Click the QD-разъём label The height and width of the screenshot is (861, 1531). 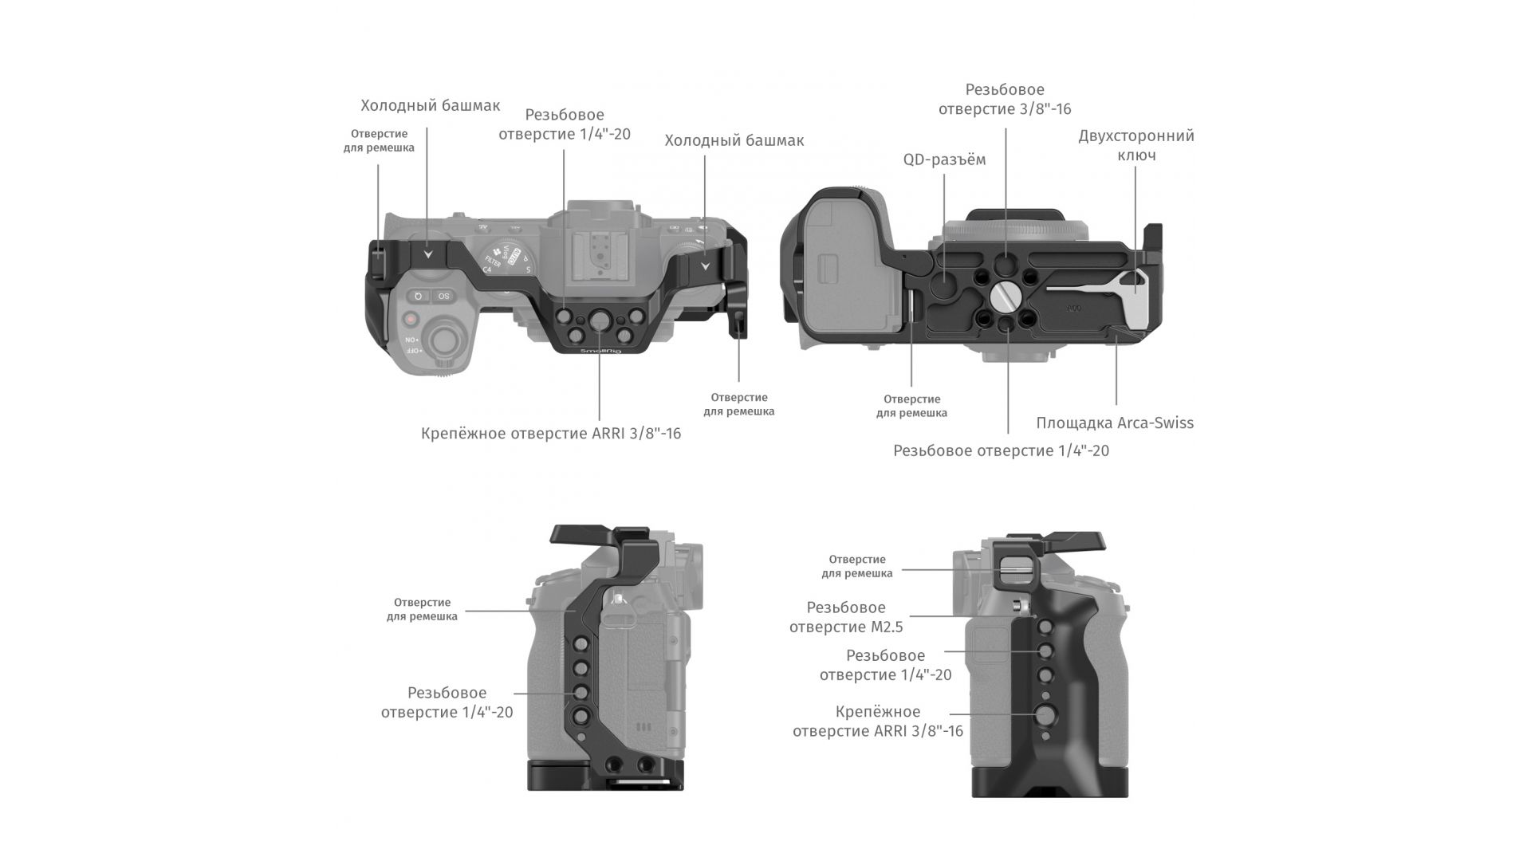click(944, 159)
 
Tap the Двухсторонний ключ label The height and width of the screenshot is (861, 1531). click(1136, 145)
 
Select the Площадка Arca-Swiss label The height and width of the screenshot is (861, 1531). click(1115, 423)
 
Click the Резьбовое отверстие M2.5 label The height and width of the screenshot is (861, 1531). click(846, 617)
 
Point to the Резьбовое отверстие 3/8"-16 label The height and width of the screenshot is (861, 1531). click(1005, 99)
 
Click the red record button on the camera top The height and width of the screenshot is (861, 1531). click(411, 318)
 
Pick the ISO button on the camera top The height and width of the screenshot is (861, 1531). click(443, 297)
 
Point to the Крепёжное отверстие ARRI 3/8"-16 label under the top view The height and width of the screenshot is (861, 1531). click(551, 434)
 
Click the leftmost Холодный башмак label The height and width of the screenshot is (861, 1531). click(430, 105)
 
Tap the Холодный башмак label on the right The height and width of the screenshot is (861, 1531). click(734, 140)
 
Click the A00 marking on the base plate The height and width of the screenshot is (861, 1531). click(1076, 305)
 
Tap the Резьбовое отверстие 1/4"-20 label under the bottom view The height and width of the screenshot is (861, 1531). click(1001, 450)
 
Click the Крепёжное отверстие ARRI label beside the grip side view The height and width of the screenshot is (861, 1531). click(878, 721)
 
